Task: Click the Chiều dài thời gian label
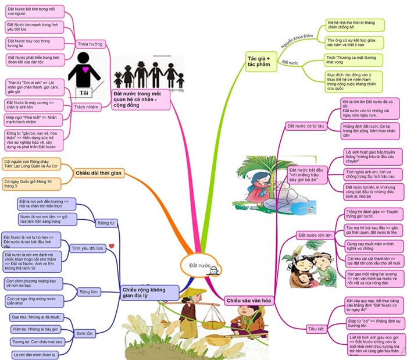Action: click(98, 172)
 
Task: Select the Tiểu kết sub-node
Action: click(316, 329)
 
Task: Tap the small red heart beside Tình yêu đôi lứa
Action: click(112, 246)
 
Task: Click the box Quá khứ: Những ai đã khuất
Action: click(35, 317)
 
